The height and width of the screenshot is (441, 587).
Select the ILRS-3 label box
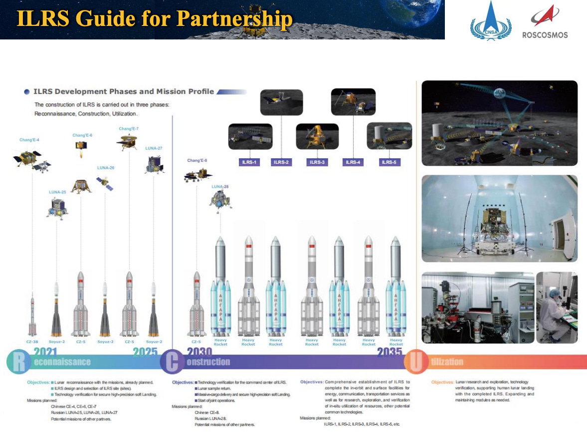click(x=318, y=162)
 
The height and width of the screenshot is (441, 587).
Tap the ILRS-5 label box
click(x=389, y=162)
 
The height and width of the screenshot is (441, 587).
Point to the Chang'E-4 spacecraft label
click(x=29, y=140)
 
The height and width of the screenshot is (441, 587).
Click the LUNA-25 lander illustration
click(x=57, y=207)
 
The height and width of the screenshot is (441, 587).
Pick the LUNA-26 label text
click(x=105, y=168)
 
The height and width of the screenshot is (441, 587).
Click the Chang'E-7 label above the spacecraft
click(x=129, y=129)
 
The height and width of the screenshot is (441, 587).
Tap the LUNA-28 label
click(x=220, y=187)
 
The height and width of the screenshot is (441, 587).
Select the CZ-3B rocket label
click(x=32, y=342)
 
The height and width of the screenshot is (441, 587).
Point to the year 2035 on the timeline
click(x=390, y=353)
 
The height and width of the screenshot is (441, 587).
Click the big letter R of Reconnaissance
click(x=18, y=362)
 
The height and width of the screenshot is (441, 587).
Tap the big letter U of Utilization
click(x=416, y=362)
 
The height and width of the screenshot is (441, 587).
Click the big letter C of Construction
click(x=172, y=362)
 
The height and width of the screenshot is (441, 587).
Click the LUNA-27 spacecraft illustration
click(x=154, y=165)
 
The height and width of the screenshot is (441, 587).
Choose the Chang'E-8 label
click(x=197, y=160)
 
